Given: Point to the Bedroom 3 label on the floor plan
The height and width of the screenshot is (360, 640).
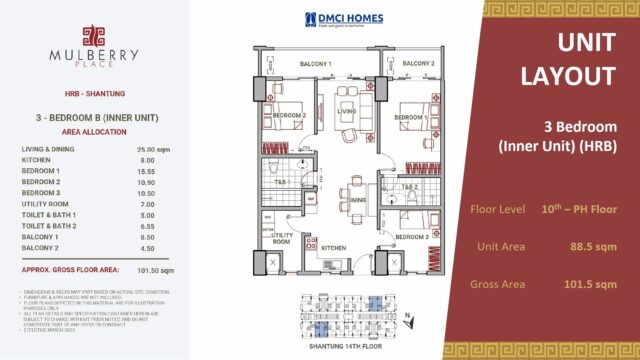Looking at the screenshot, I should pos(412,237).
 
